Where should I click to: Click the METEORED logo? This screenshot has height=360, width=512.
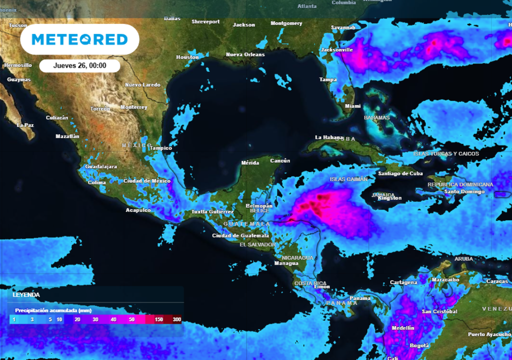coord(79,39)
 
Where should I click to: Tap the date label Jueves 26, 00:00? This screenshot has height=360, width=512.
coord(79,65)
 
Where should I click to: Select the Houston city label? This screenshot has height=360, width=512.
coord(187,57)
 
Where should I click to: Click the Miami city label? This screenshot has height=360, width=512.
coord(352,106)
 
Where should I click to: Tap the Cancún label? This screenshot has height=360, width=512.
coord(280,160)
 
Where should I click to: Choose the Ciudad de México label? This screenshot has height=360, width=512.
coord(146,180)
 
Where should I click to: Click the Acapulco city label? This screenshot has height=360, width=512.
coord(138,210)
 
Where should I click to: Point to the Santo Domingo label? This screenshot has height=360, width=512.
coord(464,191)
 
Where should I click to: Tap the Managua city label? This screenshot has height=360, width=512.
coord(286,263)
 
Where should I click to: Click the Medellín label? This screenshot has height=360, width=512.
coord(403,327)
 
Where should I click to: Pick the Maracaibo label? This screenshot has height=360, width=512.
coord(445,279)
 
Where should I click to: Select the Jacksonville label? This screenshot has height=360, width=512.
coord(337,49)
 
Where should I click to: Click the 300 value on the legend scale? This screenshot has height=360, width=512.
coord(176,319)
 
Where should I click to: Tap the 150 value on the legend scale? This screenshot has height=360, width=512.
coord(159,319)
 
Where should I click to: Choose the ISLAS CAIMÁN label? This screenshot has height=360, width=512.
coord(348,179)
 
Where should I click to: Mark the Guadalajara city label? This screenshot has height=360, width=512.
coord(101,166)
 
